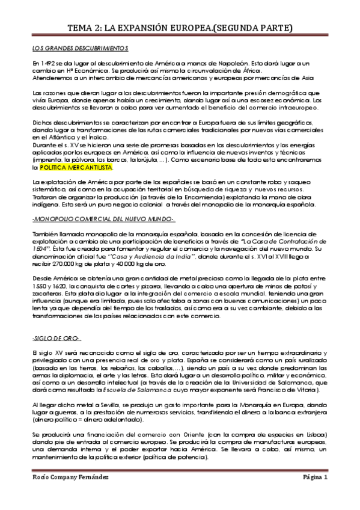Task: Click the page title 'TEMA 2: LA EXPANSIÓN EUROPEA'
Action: pos(180,28)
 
